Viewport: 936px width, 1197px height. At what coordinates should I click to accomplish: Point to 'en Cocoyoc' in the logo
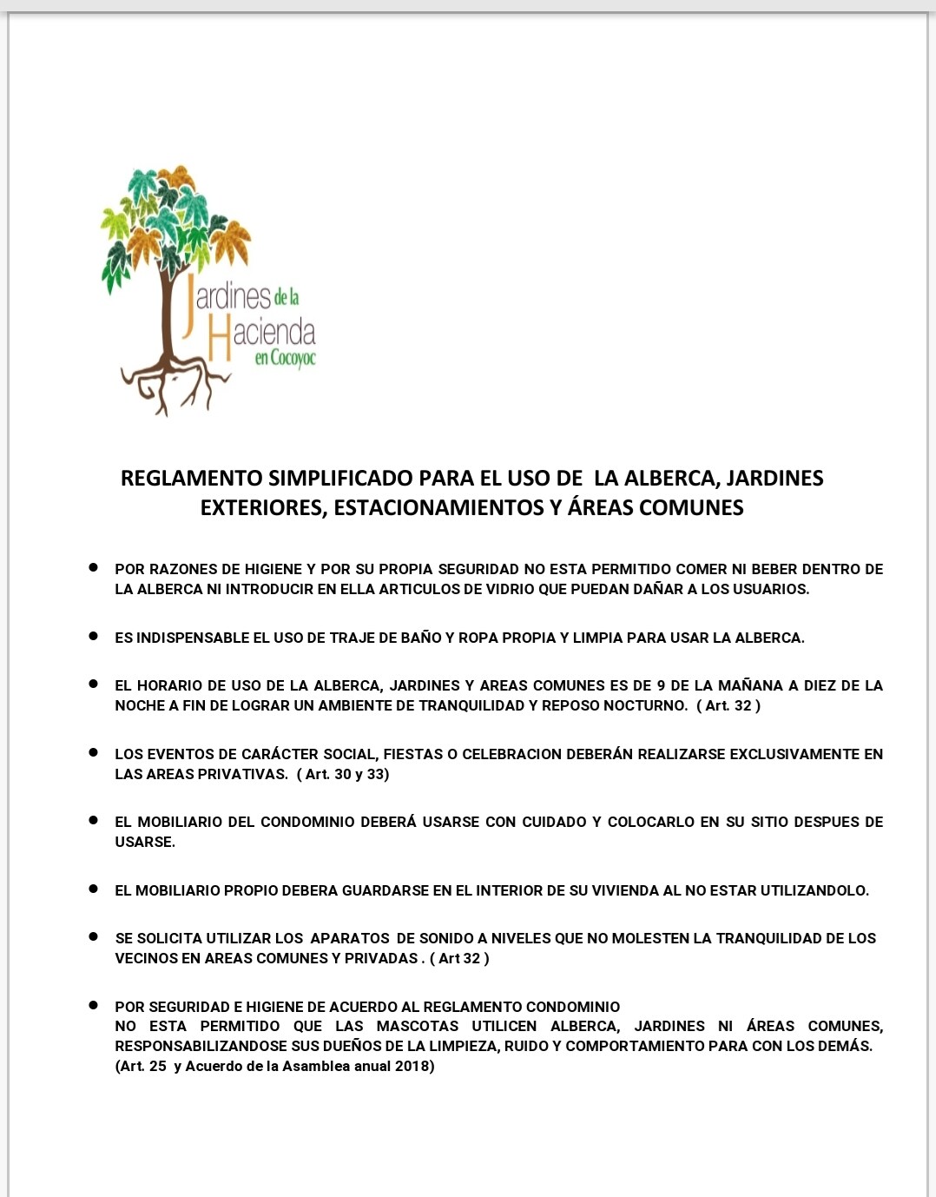(285, 358)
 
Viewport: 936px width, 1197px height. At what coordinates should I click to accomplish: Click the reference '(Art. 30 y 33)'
(343, 774)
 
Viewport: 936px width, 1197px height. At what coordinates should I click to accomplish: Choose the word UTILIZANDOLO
(814, 890)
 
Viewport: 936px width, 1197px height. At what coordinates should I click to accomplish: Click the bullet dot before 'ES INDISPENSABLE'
(93, 636)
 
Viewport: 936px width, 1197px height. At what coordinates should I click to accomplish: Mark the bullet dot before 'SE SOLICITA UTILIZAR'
(93, 936)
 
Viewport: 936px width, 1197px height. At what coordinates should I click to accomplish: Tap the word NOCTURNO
(645, 705)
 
